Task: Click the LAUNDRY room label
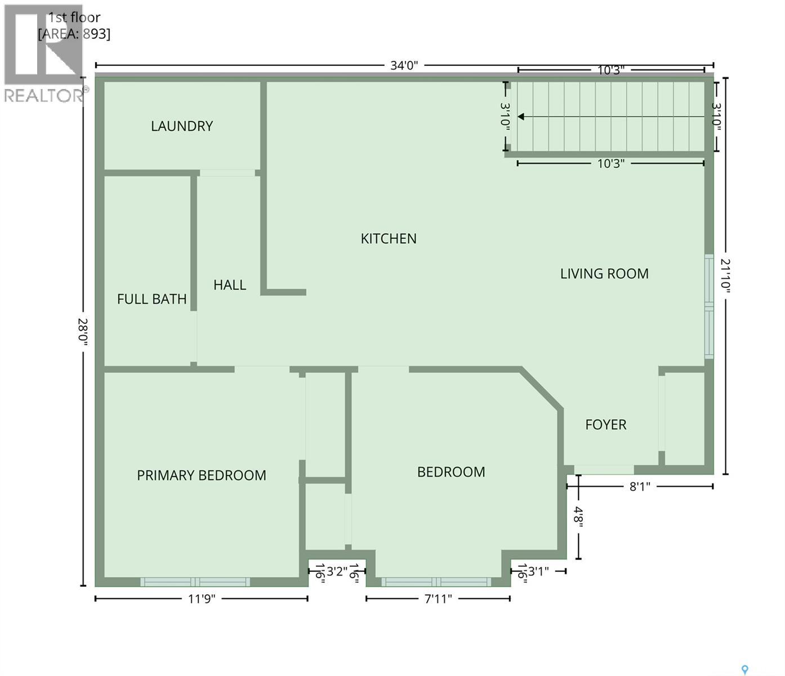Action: click(x=181, y=126)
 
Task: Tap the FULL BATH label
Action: click(x=151, y=299)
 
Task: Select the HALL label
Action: click(x=230, y=285)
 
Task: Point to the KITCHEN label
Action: click(x=389, y=239)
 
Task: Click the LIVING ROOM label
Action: click(x=604, y=274)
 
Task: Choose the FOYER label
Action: click(x=606, y=425)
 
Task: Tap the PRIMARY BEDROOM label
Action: click(x=202, y=475)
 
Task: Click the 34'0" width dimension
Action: click(x=404, y=65)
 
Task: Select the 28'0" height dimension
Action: click(x=83, y=332)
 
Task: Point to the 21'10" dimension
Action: click(x=725, y=275)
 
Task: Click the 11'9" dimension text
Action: click(x=202, y=599)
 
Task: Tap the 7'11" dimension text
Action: click(x=438, y=599)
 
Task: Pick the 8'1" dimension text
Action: click(x=640, y=487)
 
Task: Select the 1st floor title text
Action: click(x=74, y=17)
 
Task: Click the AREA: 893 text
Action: click(x=74, y=34)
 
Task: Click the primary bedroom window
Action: click(x=195, y=582)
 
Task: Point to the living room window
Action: click(x=709, y=306)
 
